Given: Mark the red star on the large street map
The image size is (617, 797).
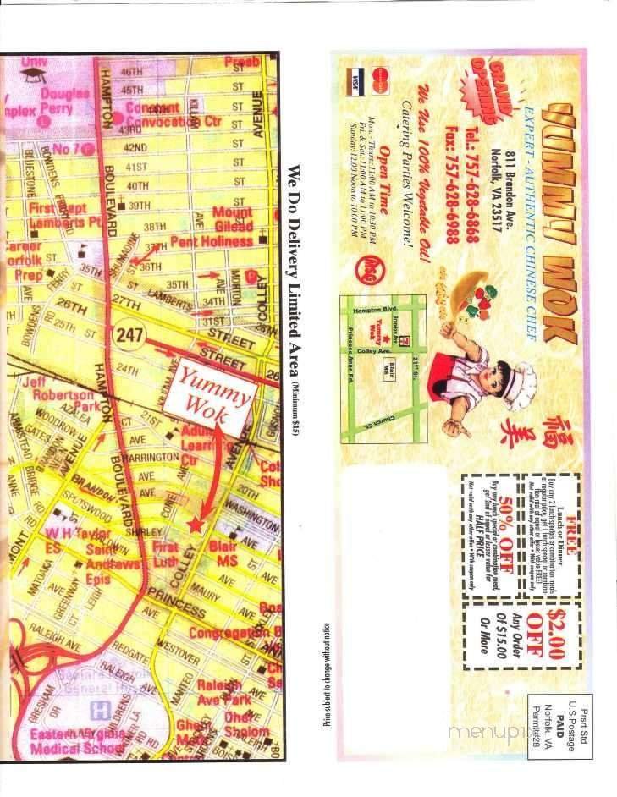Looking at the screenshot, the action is [196, 525].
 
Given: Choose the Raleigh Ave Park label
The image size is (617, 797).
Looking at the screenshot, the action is [223, 692].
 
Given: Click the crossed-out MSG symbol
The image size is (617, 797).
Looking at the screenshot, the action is [371, 266].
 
